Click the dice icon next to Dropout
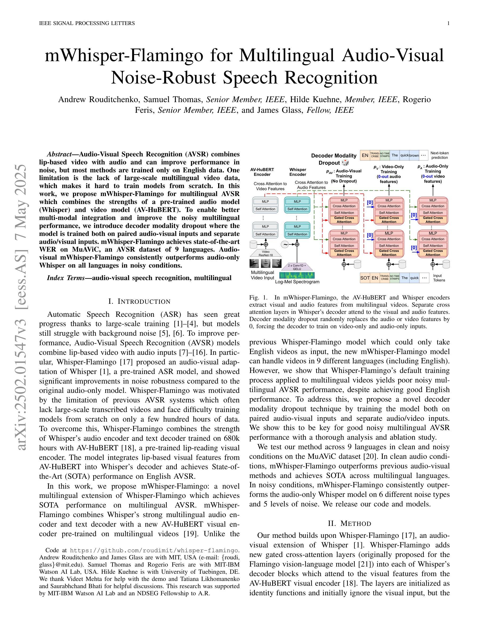(x=345, y=163)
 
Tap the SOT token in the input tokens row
(x=365, y=278)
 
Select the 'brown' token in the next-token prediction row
(x=414, y=155)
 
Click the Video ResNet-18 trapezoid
(x=265, y=253)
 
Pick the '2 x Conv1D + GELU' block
(x=297, y=267)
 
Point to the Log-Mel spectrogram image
(x=297, y=275)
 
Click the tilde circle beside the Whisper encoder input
(x=285, y=244)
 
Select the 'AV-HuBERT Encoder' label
(x=262, y=172)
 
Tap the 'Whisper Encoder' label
(x=298, y=172)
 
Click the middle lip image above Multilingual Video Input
(x=265, y=264)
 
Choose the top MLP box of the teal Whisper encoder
(x=297, y=201)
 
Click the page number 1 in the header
(x=449, y=23)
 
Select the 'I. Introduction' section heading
(x=139, y=301)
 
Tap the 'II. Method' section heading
(x=349, y=523)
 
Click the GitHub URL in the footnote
(x=154, y=550)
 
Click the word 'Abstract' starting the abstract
(x=59, y=154)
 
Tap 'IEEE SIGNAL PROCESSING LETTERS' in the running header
(x=87, y=23)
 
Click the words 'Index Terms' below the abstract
(x=66, y=278)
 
